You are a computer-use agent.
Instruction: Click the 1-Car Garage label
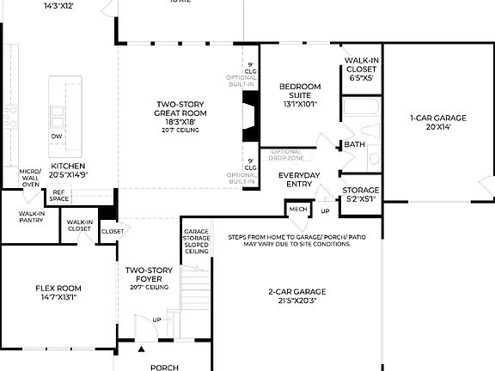437,119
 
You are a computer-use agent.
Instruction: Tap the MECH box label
298,209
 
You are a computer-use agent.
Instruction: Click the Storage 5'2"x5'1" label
361,193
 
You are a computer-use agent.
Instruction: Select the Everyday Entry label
299,179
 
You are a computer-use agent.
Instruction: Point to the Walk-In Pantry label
32,216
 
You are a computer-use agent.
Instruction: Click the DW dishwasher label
57,137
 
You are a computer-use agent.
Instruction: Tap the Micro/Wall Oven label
30,178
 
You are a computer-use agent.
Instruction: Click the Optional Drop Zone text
287,155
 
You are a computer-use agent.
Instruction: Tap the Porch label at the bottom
164,367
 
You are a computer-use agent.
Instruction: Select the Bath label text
355,145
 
